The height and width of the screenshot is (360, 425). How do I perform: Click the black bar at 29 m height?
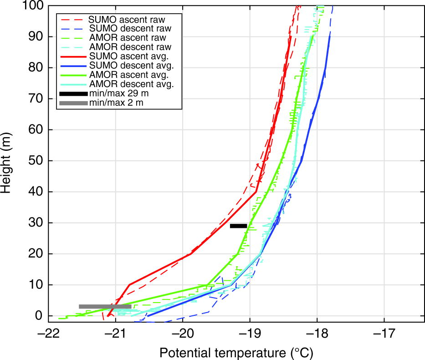click(x=238, y=226)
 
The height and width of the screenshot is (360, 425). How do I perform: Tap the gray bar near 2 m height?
click(x=105, y=307)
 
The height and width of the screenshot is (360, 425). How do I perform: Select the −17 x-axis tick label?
click(x=384, y=333)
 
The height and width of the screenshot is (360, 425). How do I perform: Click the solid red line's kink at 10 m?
click(x=129, y=285)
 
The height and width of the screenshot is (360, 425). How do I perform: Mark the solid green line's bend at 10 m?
click(x=207, y=286)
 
